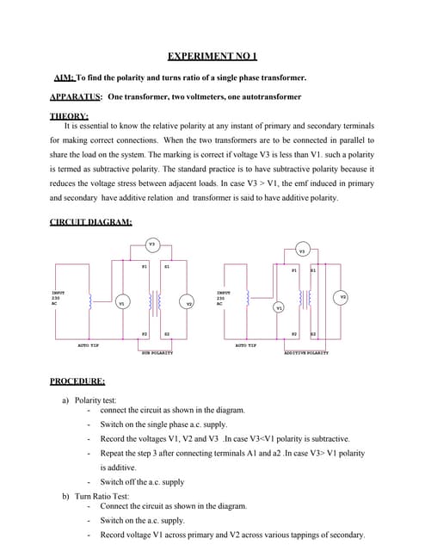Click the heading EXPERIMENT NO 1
point(212,57)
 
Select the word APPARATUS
point(77,96)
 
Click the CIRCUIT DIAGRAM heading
point(90,222)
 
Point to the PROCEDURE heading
point(77,381)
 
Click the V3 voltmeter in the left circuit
point(151,245)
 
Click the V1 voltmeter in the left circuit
point(121,303)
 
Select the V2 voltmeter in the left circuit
point(189,303)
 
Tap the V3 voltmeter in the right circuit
point(301,251)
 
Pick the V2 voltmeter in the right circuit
point(342,297)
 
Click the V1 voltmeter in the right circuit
point(278,307)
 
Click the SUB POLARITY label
point(157,352)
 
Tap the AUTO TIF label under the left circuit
point(89,345)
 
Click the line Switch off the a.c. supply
point(142,481)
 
